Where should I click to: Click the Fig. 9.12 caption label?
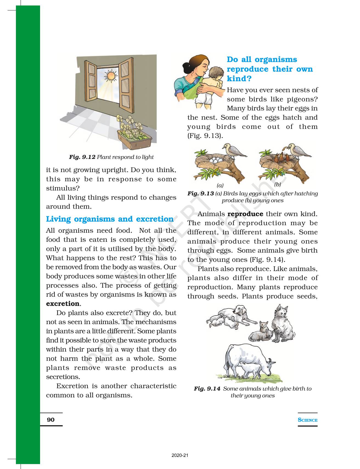tap(82, 157)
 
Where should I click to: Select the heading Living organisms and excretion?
tap(110, 219)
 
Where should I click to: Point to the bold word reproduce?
tap(245, 214)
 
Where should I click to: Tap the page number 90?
tap(51, 420)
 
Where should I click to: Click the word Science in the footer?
tap(308, 420)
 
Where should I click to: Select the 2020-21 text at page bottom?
tap(180, 456)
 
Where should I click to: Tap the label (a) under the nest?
tap(220, 185)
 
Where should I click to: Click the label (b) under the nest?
tap(277, 184)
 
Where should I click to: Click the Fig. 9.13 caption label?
tap(201, 193)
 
